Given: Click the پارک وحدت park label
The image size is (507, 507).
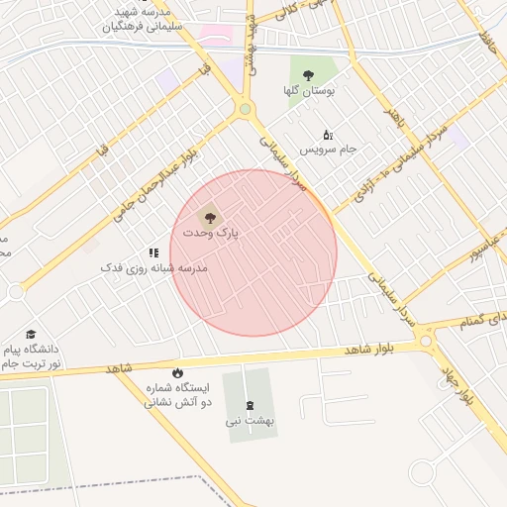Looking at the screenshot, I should (211, 233).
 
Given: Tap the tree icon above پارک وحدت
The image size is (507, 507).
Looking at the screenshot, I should (209, 215).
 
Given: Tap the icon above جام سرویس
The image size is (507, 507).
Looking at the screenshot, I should (328, 135).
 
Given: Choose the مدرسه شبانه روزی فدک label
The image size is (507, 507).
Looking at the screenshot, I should (153, 268).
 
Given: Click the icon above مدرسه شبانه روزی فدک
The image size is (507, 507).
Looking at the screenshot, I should (153, 253).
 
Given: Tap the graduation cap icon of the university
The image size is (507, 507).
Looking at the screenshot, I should (31, 336).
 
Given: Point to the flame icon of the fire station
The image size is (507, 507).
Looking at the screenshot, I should (177, 372).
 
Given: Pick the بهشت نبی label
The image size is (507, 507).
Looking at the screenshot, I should (249, 421).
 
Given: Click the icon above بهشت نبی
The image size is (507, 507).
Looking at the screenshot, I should (249, 403).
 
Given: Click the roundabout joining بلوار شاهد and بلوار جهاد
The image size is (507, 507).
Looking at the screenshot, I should (427, 342).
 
